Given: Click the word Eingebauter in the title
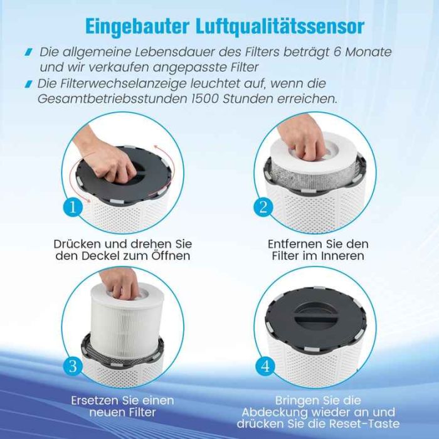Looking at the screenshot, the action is tap(137, 26).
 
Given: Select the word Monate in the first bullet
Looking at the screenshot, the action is tap(368, 52).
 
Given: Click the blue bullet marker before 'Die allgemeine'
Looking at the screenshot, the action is tap(29, 52).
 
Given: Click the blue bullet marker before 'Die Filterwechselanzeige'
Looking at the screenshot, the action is tap(29, 83).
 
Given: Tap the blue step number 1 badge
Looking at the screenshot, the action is tap(73, 208).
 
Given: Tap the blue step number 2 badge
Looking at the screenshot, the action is tap(263, 208).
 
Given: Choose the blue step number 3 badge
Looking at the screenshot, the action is tap(73, 366).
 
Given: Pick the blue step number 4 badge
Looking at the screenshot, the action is tap(265, 366).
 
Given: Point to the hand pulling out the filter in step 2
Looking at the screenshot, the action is tap(302, 137).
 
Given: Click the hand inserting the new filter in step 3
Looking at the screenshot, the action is tap(120, 283).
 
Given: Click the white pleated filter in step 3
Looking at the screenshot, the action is tap(127, 322).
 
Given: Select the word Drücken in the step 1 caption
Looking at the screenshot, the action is tap(77, 244).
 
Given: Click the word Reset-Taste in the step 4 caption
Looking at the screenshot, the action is tap(364, 423).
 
